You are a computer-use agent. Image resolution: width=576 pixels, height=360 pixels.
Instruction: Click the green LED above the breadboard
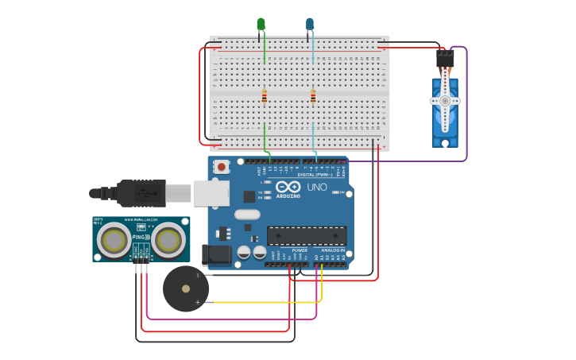(x=261, y=25)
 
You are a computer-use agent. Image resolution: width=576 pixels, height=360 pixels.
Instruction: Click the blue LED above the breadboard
(x=310, y=25)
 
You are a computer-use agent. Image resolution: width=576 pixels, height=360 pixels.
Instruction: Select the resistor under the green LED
(x=265, y=97)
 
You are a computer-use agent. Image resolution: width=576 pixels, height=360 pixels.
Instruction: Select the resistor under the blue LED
(x=313, y=97)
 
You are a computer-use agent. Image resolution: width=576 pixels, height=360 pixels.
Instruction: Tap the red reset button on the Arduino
(x=221, y=167)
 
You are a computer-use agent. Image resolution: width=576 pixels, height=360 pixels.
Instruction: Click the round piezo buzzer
(x=186, y=288)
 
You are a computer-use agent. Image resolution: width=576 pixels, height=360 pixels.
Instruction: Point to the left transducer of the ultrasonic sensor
(x=114, y=238)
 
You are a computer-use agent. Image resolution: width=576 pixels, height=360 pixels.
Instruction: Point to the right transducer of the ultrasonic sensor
(x=168, y=238)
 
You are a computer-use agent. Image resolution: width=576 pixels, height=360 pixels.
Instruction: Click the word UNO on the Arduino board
(x=317, y=188)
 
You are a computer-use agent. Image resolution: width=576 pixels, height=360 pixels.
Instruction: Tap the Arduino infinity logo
(x=288, y=187)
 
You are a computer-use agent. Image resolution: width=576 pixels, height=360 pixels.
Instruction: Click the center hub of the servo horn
(x=445, y=101)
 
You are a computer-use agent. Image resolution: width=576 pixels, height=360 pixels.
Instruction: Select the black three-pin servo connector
(x=445, y=60)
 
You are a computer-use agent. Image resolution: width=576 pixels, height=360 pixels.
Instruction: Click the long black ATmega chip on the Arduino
(x=307, y=235)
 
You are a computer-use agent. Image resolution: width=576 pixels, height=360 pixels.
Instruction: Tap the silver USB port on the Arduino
(x=211, y=193)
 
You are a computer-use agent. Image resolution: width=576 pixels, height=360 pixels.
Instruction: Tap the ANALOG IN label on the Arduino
(x=333, y=249)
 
